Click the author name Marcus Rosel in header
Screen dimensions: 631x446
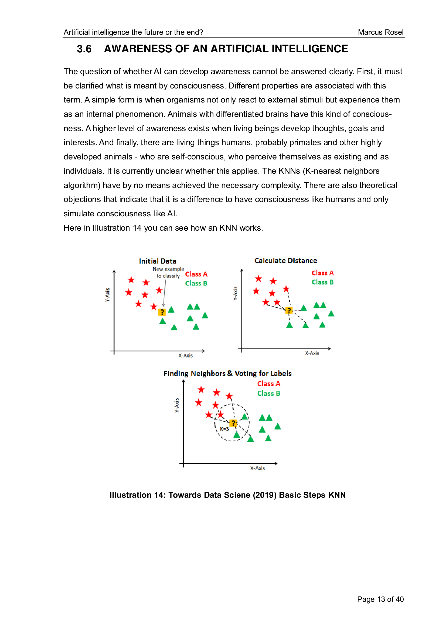[380, 32]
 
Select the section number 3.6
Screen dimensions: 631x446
[84, 49]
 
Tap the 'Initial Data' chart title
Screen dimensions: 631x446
[158, 261]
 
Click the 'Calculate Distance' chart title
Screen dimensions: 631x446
[285, 261]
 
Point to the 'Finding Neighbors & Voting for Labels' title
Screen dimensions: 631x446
[227, 373]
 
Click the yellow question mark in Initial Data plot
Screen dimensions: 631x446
[162, 312]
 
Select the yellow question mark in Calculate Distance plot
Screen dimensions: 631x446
[289, 311]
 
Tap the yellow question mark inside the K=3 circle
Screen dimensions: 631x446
[233, 423]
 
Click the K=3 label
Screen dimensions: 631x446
[224, 429]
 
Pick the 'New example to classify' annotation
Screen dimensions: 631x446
[168, 272]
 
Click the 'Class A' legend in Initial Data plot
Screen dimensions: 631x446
[196, 274]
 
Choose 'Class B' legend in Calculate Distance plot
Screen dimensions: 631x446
[322, 282]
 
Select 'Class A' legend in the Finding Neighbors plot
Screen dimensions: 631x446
[268, 384]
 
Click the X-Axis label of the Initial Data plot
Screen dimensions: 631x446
[185, 355]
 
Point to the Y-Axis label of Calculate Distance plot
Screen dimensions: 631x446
[235, 293]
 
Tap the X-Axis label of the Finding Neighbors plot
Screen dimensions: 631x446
[257, 468]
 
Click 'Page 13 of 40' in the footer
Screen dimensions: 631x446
[380, 599]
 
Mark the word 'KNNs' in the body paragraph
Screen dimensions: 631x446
[289, 171]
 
